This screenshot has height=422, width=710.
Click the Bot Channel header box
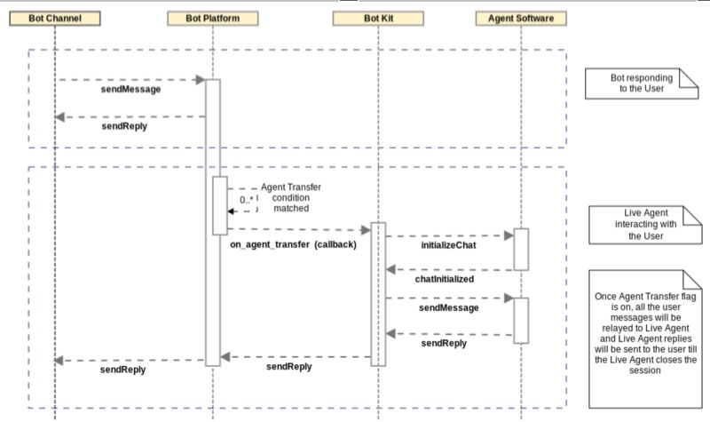tap(54, 18)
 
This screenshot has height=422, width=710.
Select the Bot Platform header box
tap(211, 18)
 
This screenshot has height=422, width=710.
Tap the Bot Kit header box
tap(379, 18)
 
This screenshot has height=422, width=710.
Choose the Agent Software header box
tap(521, 18)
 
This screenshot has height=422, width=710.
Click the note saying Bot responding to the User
tap(641, 84)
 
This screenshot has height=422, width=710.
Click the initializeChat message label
tap(447, 245)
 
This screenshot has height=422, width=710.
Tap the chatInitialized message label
tap(444, 278)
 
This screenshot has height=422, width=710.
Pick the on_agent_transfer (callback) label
tap(287, 244)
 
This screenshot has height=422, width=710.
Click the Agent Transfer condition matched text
tap(285, 197)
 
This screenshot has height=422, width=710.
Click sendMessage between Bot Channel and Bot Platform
tap(130, 90)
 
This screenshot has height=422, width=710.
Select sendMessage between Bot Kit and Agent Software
tap(448, 307)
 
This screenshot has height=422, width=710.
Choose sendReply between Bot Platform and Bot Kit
tap(288, 366)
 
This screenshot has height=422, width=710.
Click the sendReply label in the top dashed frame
tap(123, 126)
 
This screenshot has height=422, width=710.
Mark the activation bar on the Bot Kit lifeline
tap(379, 293)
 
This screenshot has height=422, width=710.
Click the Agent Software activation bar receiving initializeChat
tap(521, 249)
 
